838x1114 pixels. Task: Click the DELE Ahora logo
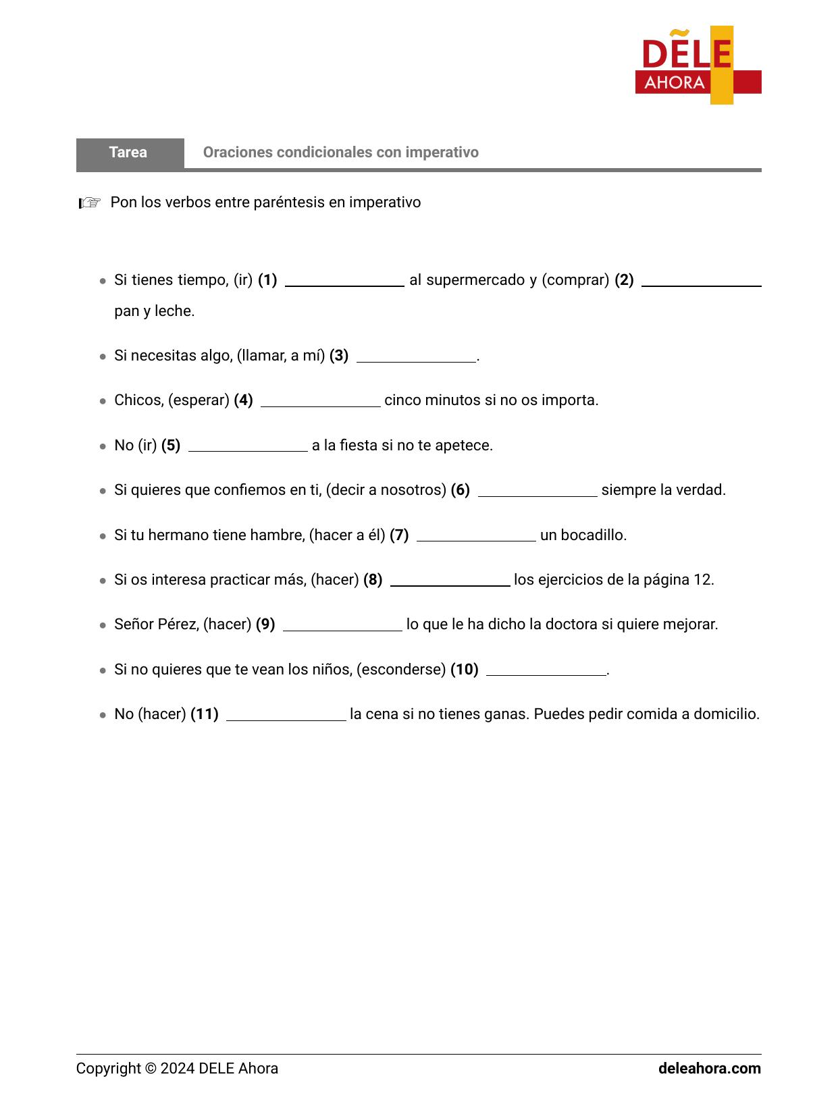(x=698, y=65)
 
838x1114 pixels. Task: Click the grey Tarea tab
(x=129, y=153)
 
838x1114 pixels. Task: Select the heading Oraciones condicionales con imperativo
(x=340, y=153)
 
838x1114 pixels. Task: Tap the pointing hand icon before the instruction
(x=89, y=203)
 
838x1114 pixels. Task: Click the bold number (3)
(x=339, y=356)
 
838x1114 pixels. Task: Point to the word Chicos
(x=138, y=400)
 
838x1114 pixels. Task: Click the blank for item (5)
(x=248, y=447)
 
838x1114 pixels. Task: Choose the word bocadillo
(x=596, y=535)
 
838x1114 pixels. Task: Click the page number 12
(x=702, y=580)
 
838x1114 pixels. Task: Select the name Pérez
(x=178, y=625)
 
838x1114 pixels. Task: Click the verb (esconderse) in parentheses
(x=401, y=670)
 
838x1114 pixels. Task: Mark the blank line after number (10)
(x=546, y=671)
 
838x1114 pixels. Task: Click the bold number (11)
(x=205, y=714)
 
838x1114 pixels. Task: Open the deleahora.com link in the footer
(x=709, y=1069)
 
